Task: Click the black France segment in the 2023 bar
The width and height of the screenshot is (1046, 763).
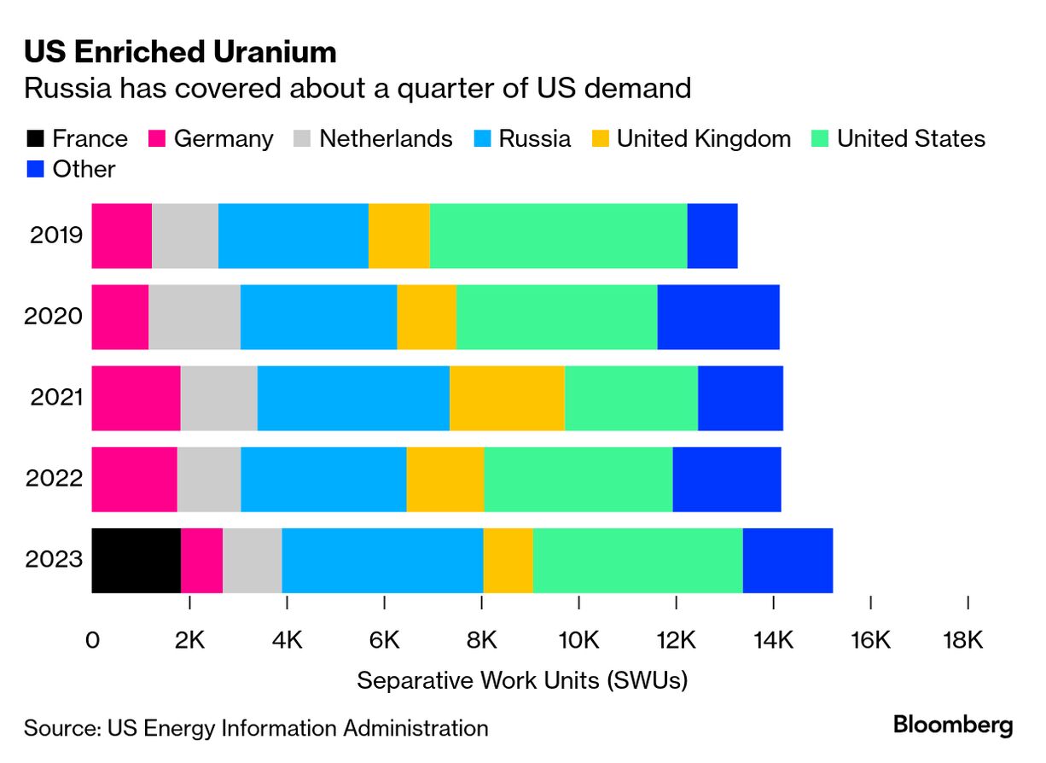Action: [x=136, y=560]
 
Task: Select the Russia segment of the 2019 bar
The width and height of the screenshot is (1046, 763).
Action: [x=293, y=236]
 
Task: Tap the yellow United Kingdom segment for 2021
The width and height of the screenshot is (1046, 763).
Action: [x=507, y=398]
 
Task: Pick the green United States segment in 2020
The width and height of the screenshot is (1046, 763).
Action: [x=556, y=317]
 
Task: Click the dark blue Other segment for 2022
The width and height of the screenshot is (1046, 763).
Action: [x=726, y=479]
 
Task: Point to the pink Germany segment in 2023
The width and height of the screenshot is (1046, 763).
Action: [x=201, y=560]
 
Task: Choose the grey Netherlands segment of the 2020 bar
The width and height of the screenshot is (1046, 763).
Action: [x=194, y=317]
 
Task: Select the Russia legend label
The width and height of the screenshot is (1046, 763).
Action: [x=534, y=139]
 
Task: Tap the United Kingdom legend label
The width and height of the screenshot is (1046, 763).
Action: [x=703, y=139]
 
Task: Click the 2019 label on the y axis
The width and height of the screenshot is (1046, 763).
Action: [x=56, y=236]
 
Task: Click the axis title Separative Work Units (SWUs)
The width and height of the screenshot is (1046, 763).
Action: [x=521, y=680]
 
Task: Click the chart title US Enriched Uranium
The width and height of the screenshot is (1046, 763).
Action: [x=180, y=53]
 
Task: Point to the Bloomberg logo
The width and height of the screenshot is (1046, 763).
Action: [x=953, y=726]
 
